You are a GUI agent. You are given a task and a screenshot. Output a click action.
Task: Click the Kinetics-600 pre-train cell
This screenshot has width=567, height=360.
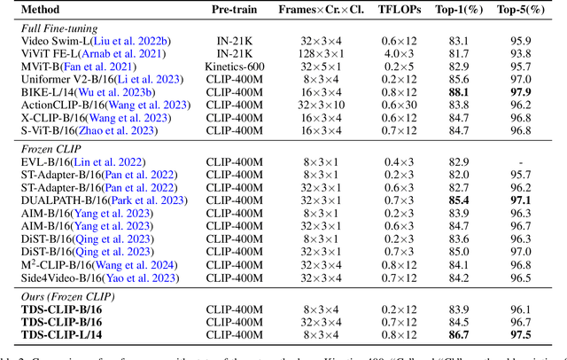pyautogui.click(x=234, y=67)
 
